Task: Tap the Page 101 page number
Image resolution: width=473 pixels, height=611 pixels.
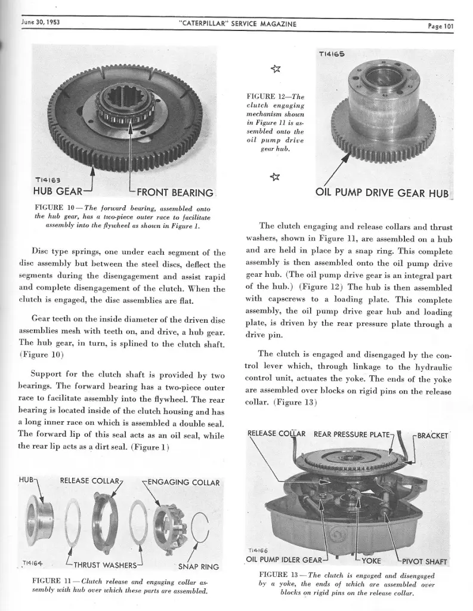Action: coord(440,25)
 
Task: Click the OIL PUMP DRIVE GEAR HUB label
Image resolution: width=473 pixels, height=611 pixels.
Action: coord(382,193)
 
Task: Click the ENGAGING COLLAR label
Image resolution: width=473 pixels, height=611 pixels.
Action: coord(183,482)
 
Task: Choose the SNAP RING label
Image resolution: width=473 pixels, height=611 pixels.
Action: coord(199,566)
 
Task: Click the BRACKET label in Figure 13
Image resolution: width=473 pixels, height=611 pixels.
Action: coord(433,435)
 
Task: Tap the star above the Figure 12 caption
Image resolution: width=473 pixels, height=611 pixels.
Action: coord(275,73)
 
